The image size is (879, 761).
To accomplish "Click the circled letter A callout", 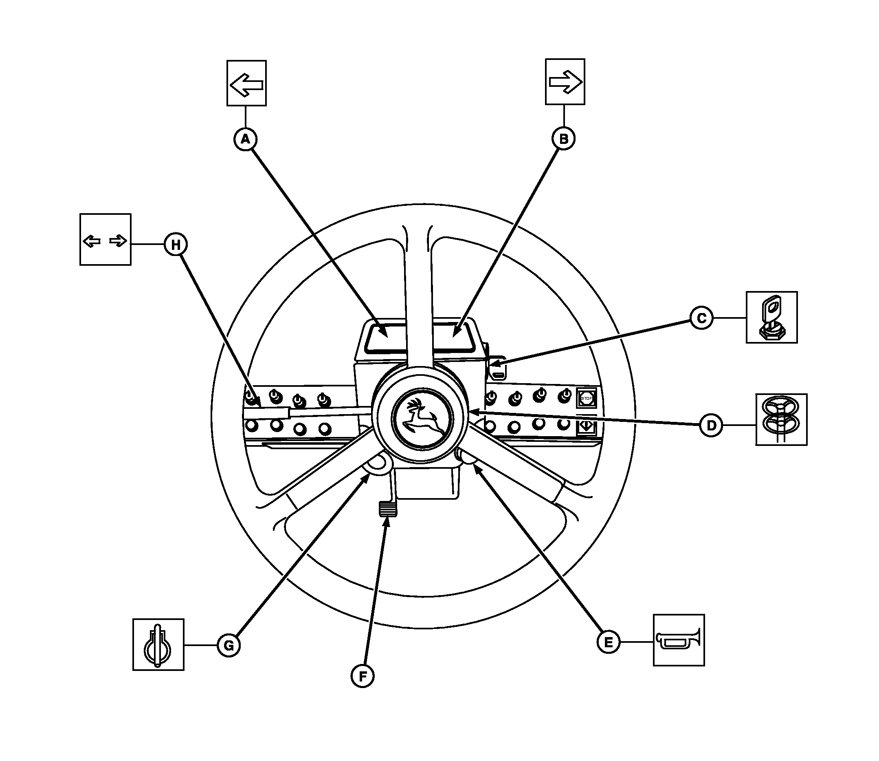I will coord(246,139).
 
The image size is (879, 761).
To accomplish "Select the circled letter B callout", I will coord(563,139).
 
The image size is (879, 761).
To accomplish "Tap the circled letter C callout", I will coord(701,318).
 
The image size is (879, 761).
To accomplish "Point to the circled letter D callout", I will coord(711,425).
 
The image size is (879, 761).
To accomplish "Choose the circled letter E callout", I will coord(608,642).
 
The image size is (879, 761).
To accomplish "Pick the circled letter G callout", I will coord(229,646).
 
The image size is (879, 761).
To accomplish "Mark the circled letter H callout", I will coord(176,244).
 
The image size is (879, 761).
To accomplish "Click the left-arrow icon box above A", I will coord(246,83).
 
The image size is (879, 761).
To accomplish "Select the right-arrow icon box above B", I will coord(565,82).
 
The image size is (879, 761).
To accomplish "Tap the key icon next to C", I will coord(771,317).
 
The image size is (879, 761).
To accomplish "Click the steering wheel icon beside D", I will coord(781,419).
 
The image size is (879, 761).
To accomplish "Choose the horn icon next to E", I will coord(679,640).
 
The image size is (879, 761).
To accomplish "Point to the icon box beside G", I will coord(158,645).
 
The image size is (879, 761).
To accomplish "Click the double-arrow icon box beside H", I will coord(105,240).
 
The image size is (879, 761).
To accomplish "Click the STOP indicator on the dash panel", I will coord(586,398).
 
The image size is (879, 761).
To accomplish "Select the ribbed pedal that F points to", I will coord(387,509).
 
